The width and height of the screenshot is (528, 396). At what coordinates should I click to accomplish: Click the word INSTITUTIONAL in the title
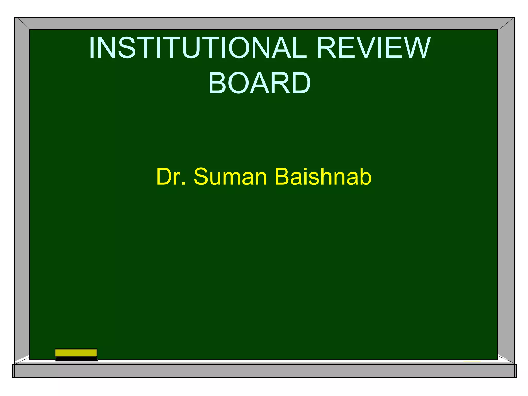pyautogui.click(x=198, y=48)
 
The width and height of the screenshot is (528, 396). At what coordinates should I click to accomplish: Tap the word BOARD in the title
pyautogui.click(x=259, y=83)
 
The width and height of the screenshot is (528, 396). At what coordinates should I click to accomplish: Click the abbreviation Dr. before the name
pyautogui.click(x=171, y=177)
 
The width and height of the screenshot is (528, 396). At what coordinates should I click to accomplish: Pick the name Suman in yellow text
pyautogui.click(x=230, y=177)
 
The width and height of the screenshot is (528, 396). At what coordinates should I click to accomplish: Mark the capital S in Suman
pyautogui.click(x=201, y=177)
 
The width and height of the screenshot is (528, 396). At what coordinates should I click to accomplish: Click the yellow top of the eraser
pyautogui.click(x=76, y=353)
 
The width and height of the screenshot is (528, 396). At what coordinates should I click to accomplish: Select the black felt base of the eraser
pyautogui.click(x=77, y=359)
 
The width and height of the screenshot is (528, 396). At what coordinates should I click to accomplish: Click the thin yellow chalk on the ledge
pyautogui.click(x=472, y=361)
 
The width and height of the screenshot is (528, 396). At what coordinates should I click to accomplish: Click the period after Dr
pyautogui.click(x=184, y=184)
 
